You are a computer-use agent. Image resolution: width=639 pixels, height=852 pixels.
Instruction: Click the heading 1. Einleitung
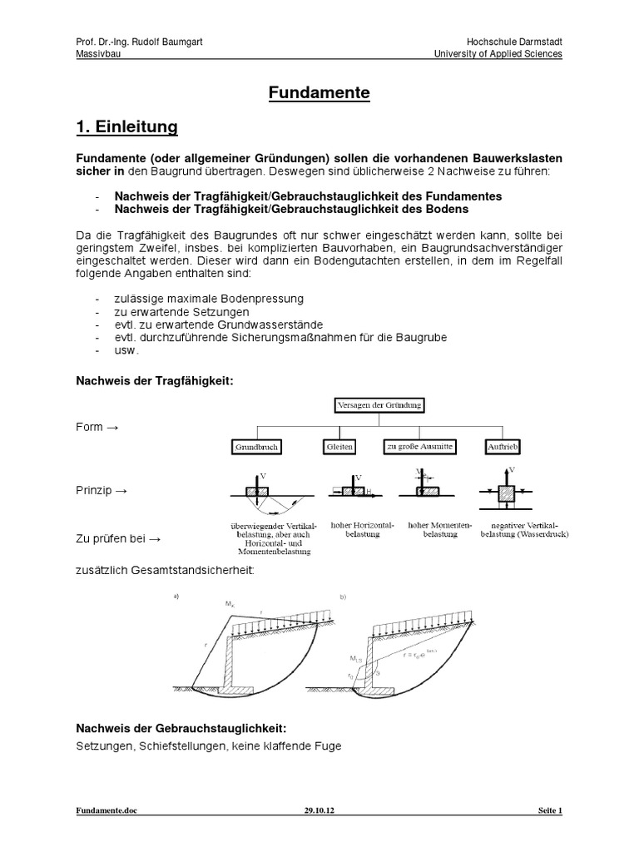(x=126, y=127)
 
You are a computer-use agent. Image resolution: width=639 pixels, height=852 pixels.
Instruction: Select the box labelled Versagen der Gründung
(x=379, y=405)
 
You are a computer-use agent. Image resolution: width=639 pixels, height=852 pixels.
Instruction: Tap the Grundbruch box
(x=255, y=447)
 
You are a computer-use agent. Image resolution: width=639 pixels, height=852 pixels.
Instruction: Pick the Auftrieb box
(x=501, y=447)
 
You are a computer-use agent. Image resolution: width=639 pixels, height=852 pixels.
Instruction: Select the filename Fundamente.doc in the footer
(x=102, y=810)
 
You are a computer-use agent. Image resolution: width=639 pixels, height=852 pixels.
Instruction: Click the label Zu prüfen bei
(x=111, y=539)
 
